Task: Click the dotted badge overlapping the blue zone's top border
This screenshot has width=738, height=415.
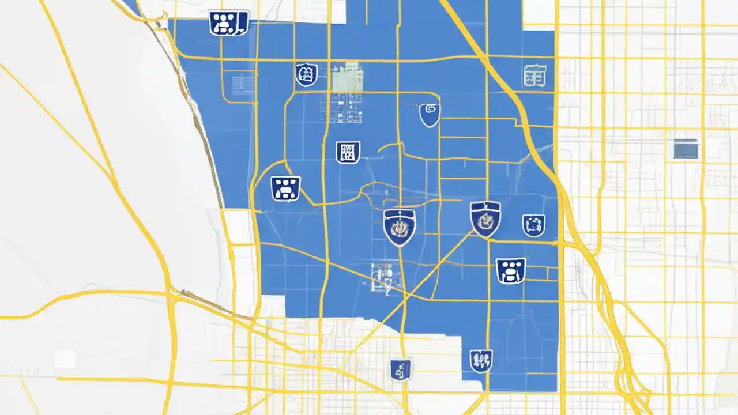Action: (228, 23)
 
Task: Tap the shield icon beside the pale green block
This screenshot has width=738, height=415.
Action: (306, 74)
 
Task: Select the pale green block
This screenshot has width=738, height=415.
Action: (347, 77)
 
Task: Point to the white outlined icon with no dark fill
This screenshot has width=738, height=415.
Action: (534, 76)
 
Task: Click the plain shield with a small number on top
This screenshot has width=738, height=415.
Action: (429, 115)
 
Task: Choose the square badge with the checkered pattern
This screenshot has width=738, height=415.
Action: (348, 152)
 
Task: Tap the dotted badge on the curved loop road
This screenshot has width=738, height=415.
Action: (285, 188)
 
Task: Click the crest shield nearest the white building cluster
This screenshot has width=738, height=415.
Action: (399, 227)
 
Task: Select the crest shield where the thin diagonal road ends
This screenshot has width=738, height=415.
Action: (485, 218)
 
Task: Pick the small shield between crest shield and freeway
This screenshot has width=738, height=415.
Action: (533, 225)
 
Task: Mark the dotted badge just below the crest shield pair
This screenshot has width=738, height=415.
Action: (511, 270)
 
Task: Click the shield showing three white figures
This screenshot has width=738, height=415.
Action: (481, 361)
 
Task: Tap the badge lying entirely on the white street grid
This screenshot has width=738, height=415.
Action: (400, 369)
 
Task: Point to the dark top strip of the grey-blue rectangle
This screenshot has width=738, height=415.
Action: (686, 141)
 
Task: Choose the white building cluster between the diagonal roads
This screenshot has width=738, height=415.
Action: (382, 275)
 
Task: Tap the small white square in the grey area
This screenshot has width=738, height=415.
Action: (65, 360)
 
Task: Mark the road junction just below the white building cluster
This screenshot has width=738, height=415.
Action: (404, 299)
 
